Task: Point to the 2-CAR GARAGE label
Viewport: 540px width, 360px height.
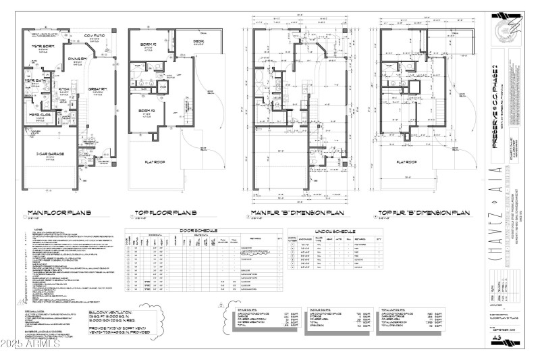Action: (51, 155)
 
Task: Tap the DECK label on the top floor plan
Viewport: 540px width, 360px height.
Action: (198, 41)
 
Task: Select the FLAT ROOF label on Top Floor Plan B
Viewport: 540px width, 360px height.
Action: (160, 161)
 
